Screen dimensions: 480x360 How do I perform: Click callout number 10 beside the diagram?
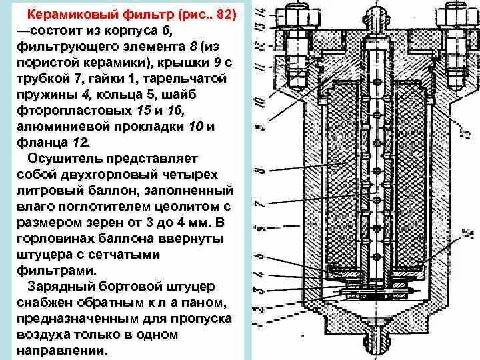pos(259,100)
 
